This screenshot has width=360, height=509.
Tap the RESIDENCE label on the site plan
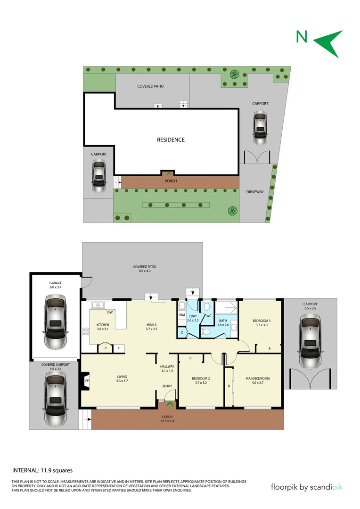(171, 140)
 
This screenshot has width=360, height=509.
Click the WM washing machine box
(181, 315)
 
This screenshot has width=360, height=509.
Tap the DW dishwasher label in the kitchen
(109, 312)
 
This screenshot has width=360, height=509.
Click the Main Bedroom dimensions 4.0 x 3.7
(258, 383)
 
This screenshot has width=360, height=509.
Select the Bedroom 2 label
(201, 378)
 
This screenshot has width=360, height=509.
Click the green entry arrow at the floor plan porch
(168, 404)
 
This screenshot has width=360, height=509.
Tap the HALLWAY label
(167, 367)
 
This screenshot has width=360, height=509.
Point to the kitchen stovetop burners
(86, 330)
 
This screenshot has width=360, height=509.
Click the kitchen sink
(98, 304)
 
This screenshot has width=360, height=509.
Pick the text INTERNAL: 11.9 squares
(42, 470)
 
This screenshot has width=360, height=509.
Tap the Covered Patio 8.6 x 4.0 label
(145, 269)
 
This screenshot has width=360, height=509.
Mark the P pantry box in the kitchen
(106, 349)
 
